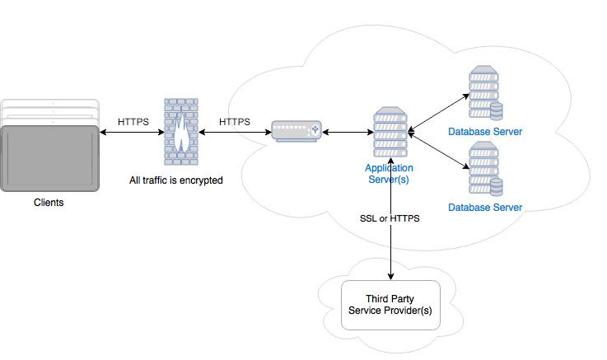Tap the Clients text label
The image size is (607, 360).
[x=48, y=202]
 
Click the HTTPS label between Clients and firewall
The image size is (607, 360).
[x=133, y=121]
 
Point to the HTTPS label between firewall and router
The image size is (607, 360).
[x=235, y=121]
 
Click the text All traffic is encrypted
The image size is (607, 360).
[x=176, y=179]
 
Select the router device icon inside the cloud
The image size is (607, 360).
[x=296, y=131]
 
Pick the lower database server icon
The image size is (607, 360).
[x=486, y=170]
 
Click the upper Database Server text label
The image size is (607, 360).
[x=485, y=132]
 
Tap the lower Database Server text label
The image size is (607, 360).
[x=485, y=208]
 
